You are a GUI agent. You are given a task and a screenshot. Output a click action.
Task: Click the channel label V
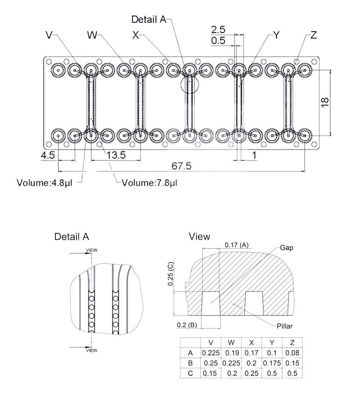pos(49,35)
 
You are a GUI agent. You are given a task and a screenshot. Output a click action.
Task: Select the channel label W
pos(92,35)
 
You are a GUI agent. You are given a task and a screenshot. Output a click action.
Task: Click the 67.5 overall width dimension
pos(181,166)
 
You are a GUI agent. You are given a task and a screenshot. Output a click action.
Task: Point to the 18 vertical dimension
pos(324,102)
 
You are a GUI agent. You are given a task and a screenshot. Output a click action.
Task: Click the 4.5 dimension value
pos(48,156)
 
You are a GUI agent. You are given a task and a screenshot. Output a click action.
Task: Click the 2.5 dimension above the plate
pos(218,29)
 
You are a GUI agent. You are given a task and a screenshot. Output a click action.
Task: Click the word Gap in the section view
pos(287,248)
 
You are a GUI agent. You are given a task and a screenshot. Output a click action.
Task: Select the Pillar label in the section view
pos(284,326)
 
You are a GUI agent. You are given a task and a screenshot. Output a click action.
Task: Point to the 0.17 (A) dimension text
pos(237,245)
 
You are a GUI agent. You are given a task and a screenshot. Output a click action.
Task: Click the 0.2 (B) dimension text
pos(186,325)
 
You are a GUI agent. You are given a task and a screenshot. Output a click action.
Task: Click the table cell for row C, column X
pos(252,373)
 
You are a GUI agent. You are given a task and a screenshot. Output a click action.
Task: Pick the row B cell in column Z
pos(292,363)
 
